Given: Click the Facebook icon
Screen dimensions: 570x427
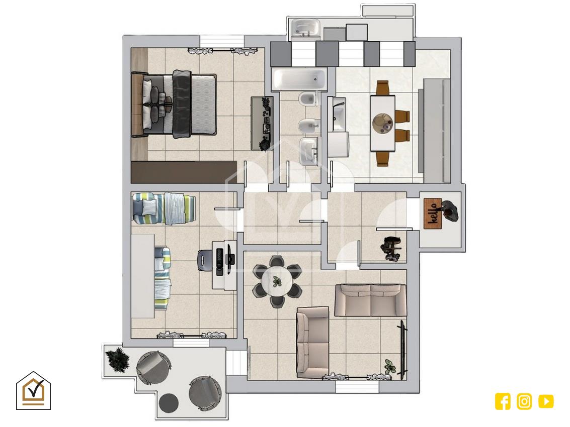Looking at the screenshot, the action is (503, 401).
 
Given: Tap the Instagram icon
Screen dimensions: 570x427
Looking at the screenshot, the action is (524, 401).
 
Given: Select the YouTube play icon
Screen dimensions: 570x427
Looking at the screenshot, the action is (546, 401).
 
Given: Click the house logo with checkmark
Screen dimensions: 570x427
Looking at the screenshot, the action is (33, 390).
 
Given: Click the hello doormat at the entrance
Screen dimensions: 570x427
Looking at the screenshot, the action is (433, 213).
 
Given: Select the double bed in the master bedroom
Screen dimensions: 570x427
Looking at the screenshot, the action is (174, 104).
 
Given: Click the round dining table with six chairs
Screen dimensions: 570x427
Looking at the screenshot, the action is (277, 281).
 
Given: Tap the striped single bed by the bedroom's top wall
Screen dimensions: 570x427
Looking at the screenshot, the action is (164, 209).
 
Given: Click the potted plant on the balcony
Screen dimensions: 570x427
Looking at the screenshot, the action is (117, 360).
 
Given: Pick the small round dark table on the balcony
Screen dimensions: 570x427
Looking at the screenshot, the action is (169, 403).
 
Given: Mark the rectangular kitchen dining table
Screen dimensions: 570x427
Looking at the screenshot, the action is (382, 123).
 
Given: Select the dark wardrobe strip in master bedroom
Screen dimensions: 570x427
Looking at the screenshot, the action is (184, 172).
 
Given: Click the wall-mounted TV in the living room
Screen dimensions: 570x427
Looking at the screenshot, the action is (403, 350).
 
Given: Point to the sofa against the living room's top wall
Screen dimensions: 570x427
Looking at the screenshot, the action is (370, 300).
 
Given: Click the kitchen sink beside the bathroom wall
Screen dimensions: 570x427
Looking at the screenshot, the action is (339, 115).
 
